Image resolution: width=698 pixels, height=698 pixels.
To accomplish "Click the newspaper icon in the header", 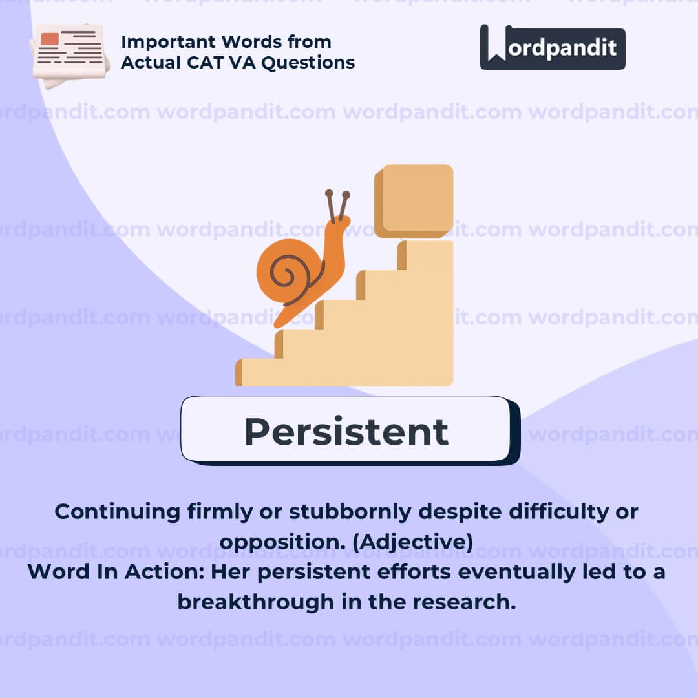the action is pos(69,56).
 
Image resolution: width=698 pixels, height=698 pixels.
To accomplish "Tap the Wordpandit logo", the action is pos(553,47).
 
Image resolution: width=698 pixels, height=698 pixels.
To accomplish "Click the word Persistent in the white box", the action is pos(346,432).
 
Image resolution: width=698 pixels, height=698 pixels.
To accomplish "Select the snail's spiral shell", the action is pos(290,271).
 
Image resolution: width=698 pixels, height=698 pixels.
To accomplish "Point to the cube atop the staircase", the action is pos(414,201).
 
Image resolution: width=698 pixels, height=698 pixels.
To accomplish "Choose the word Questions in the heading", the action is pos(308,63).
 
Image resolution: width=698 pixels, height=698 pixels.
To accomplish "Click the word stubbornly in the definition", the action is pos(350,512).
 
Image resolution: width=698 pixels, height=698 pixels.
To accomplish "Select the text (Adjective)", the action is pos(412,542).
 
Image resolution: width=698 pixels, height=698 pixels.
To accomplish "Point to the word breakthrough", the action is pos(255,602).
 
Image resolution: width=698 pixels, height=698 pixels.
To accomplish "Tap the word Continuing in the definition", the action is pos(118,512).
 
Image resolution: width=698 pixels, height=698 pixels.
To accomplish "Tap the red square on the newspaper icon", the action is pos(50,39).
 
